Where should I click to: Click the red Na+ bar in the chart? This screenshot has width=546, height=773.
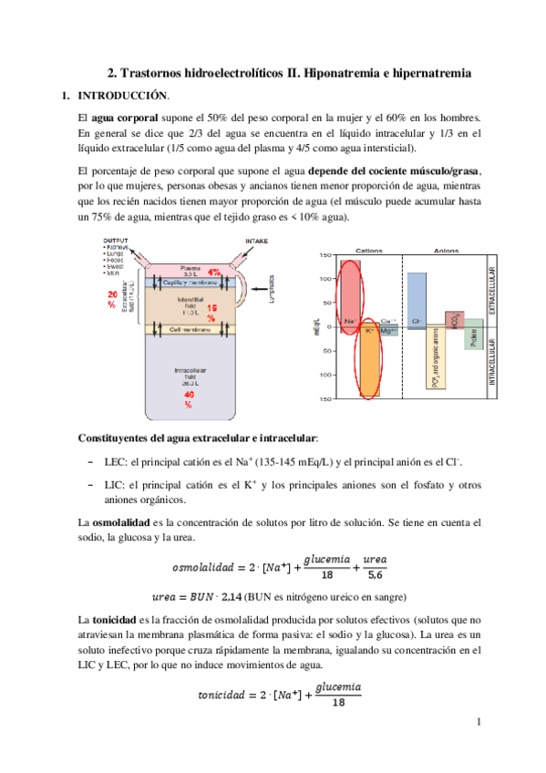tap(351, 292)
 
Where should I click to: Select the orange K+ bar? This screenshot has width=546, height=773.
tap(369, 360)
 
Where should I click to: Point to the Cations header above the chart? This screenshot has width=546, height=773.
tap(368, 250)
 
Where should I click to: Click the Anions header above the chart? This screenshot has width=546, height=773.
tap(446, 250)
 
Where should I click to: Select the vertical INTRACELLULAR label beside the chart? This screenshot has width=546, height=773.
tap(493, 364)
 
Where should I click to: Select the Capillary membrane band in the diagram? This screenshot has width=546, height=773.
tap(180, 283)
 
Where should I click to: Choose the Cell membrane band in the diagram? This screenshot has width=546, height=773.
tap(180, 329)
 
